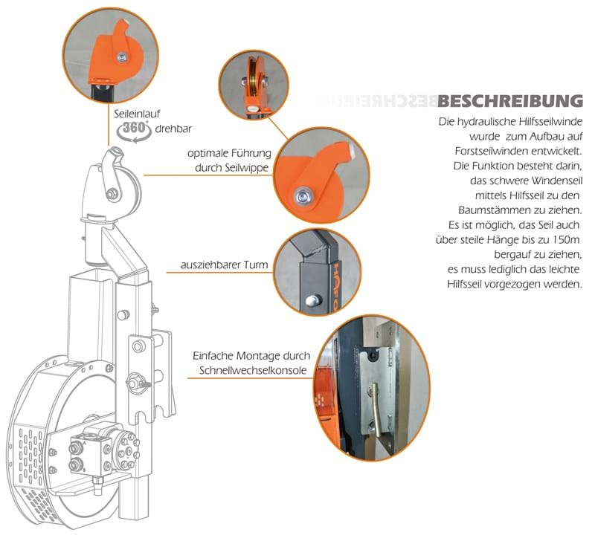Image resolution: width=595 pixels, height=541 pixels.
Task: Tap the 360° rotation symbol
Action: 134,128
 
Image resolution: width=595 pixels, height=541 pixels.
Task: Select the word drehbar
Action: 173,129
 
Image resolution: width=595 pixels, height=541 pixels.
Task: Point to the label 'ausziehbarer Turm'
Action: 224,265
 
